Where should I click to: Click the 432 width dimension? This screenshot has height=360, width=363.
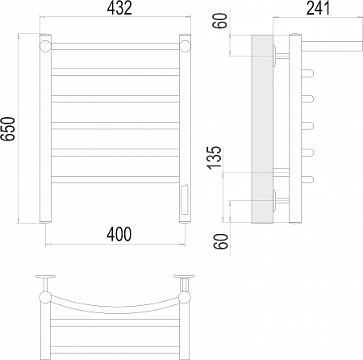click(x=119, y=8)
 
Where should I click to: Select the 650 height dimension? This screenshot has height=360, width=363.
click(x=8, y=129)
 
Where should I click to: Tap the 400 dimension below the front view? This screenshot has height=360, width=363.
click(x=119, y=234)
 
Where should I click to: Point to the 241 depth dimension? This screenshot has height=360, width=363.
click(x=318, y=8)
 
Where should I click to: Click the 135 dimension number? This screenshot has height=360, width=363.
click(x=215, y=158)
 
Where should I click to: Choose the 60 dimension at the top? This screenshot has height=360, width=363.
click(x=220, y=20)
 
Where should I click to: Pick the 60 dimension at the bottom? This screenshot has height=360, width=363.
click(x=221, y=241)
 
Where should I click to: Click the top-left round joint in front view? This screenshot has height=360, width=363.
click(x=45, y=46)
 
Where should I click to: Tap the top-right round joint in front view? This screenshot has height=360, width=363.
click(x=185, y=46)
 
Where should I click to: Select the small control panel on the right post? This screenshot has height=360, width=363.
click(x=185, y=199)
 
